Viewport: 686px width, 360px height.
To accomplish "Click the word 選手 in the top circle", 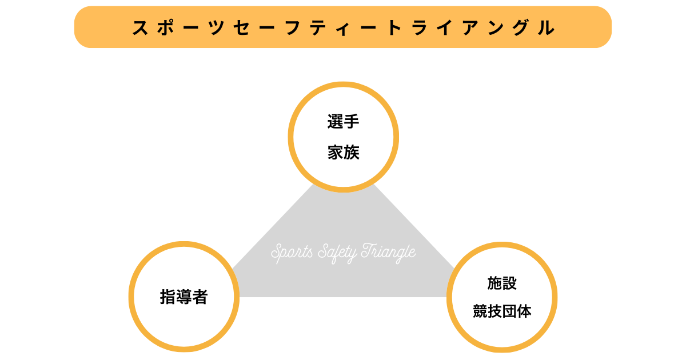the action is (343, 122).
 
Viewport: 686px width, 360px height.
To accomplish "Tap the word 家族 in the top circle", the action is (343, 153).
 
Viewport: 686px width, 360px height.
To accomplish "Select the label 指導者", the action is (184, 297).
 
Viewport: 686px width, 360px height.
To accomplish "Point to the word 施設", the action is (502, 283).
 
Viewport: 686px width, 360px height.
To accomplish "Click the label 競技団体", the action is (502, 311).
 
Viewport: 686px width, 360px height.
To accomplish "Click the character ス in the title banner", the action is (141, 27).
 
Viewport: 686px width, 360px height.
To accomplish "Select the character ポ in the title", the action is (166, 27).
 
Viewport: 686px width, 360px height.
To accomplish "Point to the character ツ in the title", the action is (216, 27).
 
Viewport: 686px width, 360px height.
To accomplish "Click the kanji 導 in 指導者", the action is (184, 297).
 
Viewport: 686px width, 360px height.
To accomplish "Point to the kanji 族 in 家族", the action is (351, 153).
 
